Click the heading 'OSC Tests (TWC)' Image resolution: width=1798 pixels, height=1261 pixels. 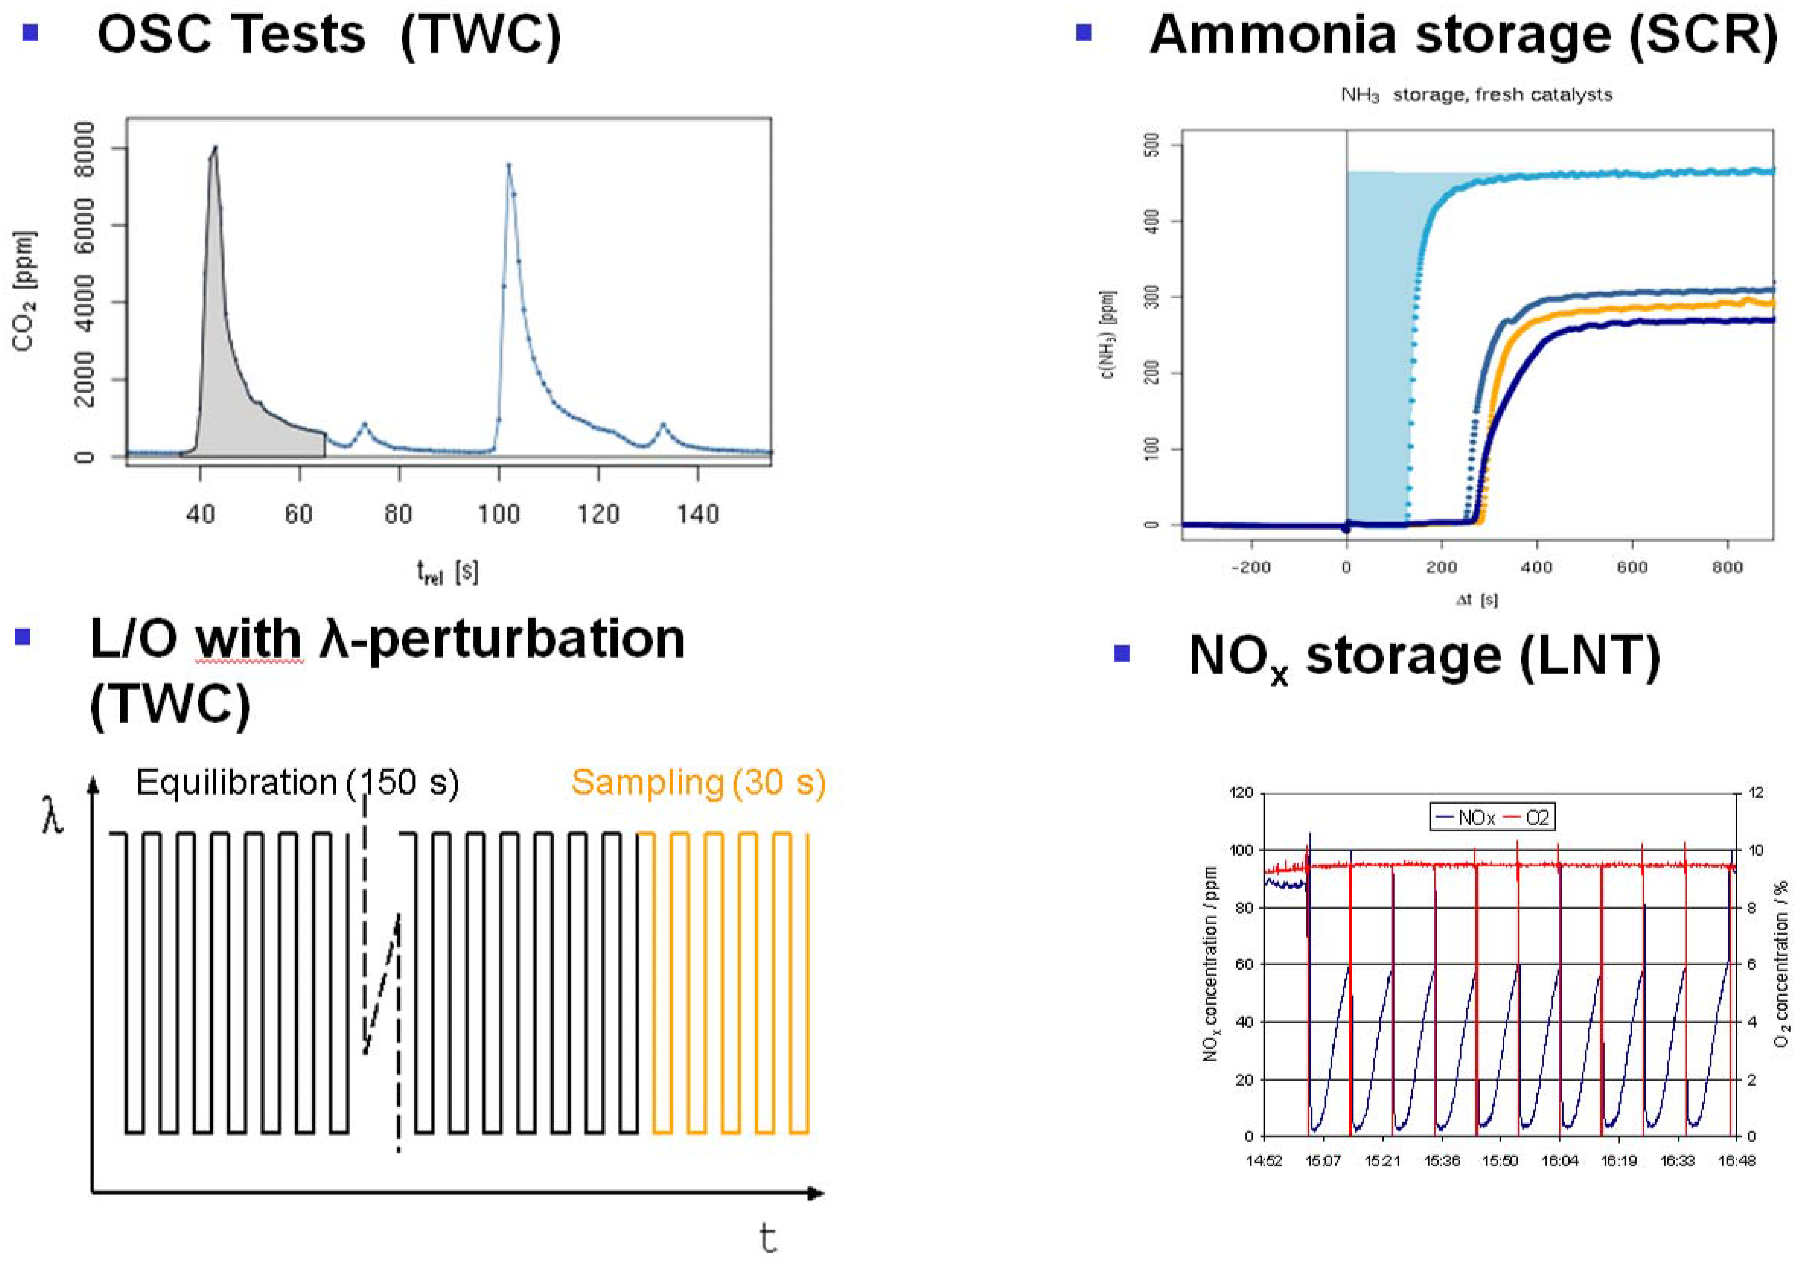click(329, 35)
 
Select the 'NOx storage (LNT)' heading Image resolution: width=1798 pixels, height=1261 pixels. click(1424, 656)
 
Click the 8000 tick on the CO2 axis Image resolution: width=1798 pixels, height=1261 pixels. click(84, 149)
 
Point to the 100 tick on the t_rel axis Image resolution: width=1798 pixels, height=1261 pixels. click(499, 515)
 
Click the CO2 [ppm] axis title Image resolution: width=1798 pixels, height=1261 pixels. click(23, 291)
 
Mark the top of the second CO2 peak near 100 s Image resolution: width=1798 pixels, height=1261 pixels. click(508, 165)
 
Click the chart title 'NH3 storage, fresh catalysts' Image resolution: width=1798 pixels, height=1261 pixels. click(1476, 95)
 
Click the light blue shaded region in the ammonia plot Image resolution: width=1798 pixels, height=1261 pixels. click(1378, 352)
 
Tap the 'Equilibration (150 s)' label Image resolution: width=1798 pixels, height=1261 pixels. click(298, 782)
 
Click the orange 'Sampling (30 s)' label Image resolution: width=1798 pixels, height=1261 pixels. click(698, 782)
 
